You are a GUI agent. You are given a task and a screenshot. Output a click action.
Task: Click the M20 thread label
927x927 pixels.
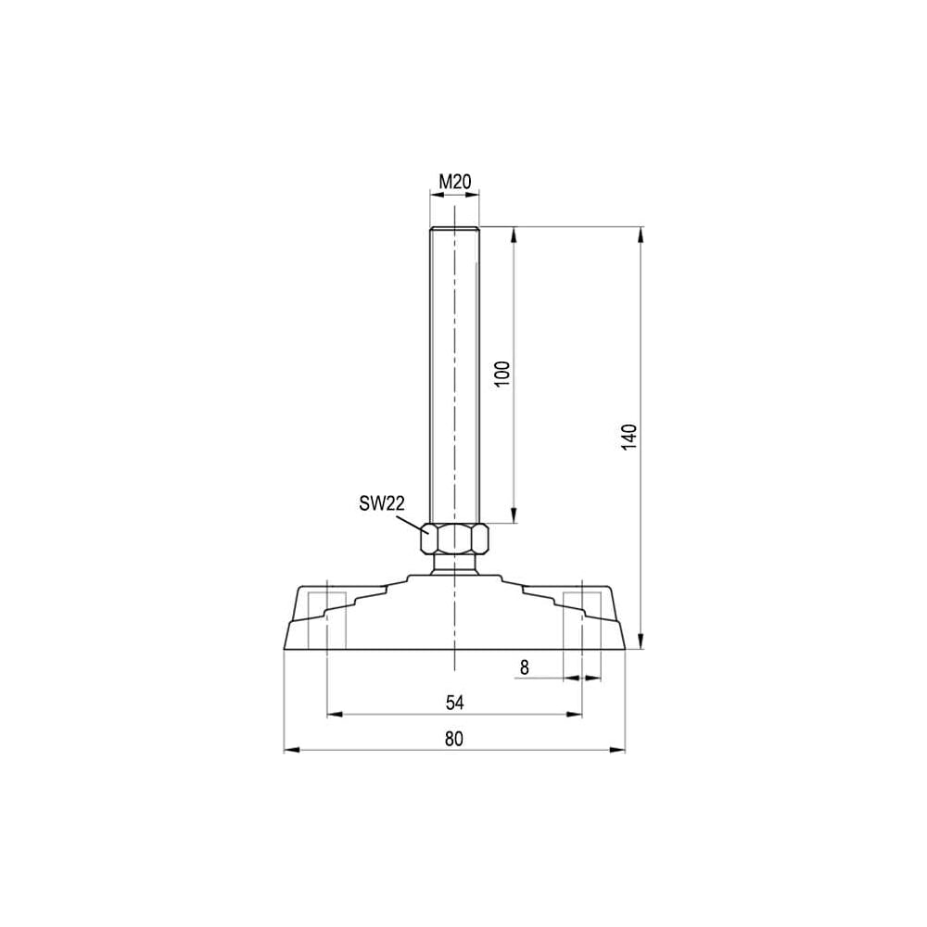pos(454,182)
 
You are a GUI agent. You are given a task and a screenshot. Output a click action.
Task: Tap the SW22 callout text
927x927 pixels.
pos(382,503)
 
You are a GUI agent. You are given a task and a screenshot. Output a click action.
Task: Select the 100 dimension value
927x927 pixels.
pos(502,374)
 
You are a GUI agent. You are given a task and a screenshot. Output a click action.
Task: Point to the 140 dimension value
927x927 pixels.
pos(629,437)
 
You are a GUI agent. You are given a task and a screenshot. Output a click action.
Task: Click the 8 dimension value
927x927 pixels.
pos(525,667)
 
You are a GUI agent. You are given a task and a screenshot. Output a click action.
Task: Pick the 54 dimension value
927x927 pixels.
pos(454,703)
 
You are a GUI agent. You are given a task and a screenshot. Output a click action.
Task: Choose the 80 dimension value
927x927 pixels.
pos(454,739)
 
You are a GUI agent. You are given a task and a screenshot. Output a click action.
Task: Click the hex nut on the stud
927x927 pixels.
pos(454,538)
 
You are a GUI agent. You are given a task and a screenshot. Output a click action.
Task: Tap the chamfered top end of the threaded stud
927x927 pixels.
pos(454,229)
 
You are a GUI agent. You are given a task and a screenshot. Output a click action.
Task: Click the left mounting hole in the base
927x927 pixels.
pos(327,619)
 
